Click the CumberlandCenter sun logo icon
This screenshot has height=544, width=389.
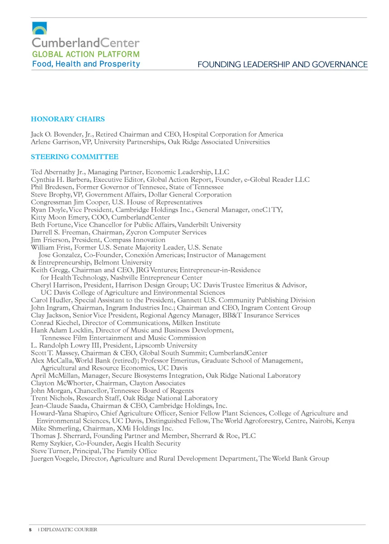tap(39, 28)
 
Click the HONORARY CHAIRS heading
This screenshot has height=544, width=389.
tap(68, 119)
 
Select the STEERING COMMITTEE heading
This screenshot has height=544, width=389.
tap(75, 157)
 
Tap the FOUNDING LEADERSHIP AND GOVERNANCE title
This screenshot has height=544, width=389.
tap(282, 65)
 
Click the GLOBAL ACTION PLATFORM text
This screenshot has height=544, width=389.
tap(86, 54)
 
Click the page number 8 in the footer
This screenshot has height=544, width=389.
tap(30, 529)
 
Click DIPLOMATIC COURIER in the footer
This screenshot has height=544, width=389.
tap(69, 529)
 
